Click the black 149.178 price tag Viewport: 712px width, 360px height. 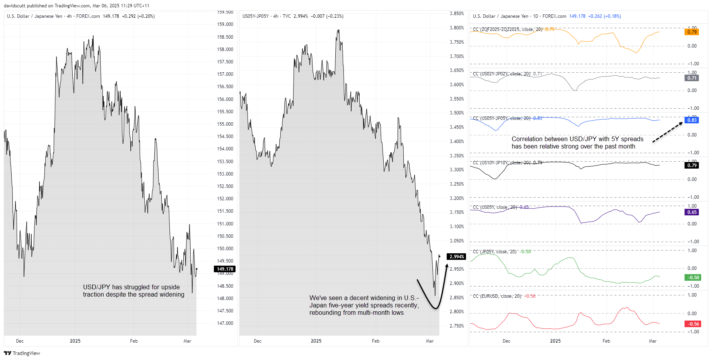click(225, 269)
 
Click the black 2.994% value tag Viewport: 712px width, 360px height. click(456, 257)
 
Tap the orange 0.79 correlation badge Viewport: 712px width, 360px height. click(692, 32)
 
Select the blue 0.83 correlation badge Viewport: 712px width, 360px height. click(692, 120)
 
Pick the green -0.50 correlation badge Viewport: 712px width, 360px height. click(692, 278)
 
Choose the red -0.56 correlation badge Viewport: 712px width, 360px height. click(692, 324)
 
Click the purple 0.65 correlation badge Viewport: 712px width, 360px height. click(692, 212)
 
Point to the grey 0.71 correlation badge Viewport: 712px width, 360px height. click(692, 78)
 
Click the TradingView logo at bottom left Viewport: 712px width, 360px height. click(22, 353)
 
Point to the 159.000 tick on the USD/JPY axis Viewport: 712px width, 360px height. click(225, 24)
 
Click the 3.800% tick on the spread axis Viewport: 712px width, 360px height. click(457, 28)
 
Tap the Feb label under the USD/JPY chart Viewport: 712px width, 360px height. click(134, 341)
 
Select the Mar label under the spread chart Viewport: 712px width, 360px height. click(430, 341)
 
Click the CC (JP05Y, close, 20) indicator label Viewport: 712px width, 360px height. click(495, 252)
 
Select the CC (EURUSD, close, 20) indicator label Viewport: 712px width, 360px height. click(497, 296)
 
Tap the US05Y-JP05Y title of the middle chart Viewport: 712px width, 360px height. click(255, 16)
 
